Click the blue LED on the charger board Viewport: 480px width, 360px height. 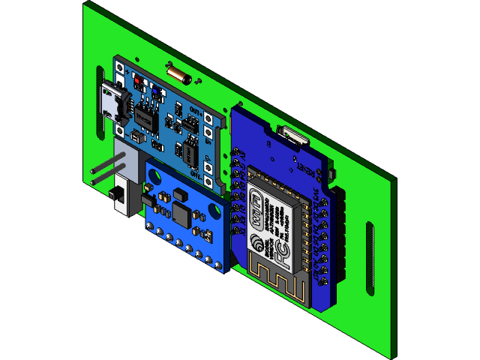point(154,90)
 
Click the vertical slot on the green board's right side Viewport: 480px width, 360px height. point(369,259)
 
